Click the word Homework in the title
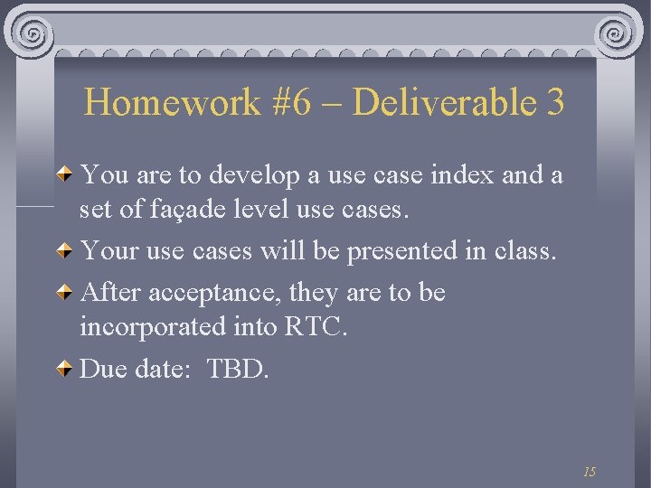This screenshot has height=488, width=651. [172, 102]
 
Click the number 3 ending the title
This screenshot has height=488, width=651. [555, 102]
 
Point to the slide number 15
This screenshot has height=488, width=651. [590, 472]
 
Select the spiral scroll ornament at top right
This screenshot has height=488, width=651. [617, 33]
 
